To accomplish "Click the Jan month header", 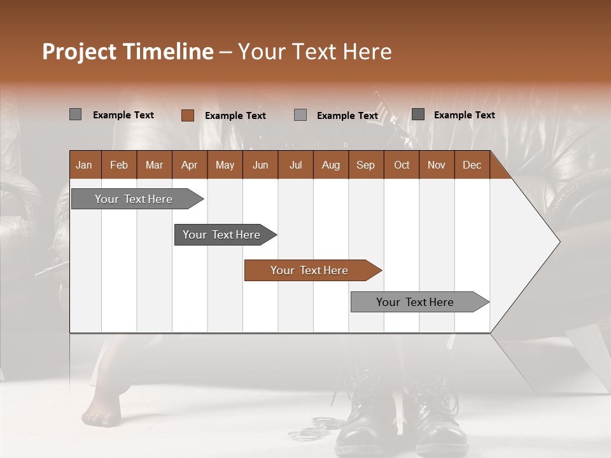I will click(x=84, y=165).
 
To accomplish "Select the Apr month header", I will click(x=189, y=165).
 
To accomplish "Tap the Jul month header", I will click(x=295, y=165).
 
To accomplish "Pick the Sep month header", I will click(x=365, y=165).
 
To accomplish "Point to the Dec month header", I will click(x=472, y=165).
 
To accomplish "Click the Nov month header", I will click(x=436, y=165).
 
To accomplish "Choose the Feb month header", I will click(x=119, y=165).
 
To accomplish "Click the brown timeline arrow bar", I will click(x=312, y=270).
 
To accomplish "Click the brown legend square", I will click(x=187, y=115).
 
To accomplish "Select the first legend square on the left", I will click(x=75, y=114).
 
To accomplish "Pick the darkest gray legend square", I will click(x=418, y=114).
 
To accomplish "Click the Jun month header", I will click(x=260, y=165).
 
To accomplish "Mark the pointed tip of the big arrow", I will click(x=559, y=242).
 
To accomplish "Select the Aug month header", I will click(x=330, y=165).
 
